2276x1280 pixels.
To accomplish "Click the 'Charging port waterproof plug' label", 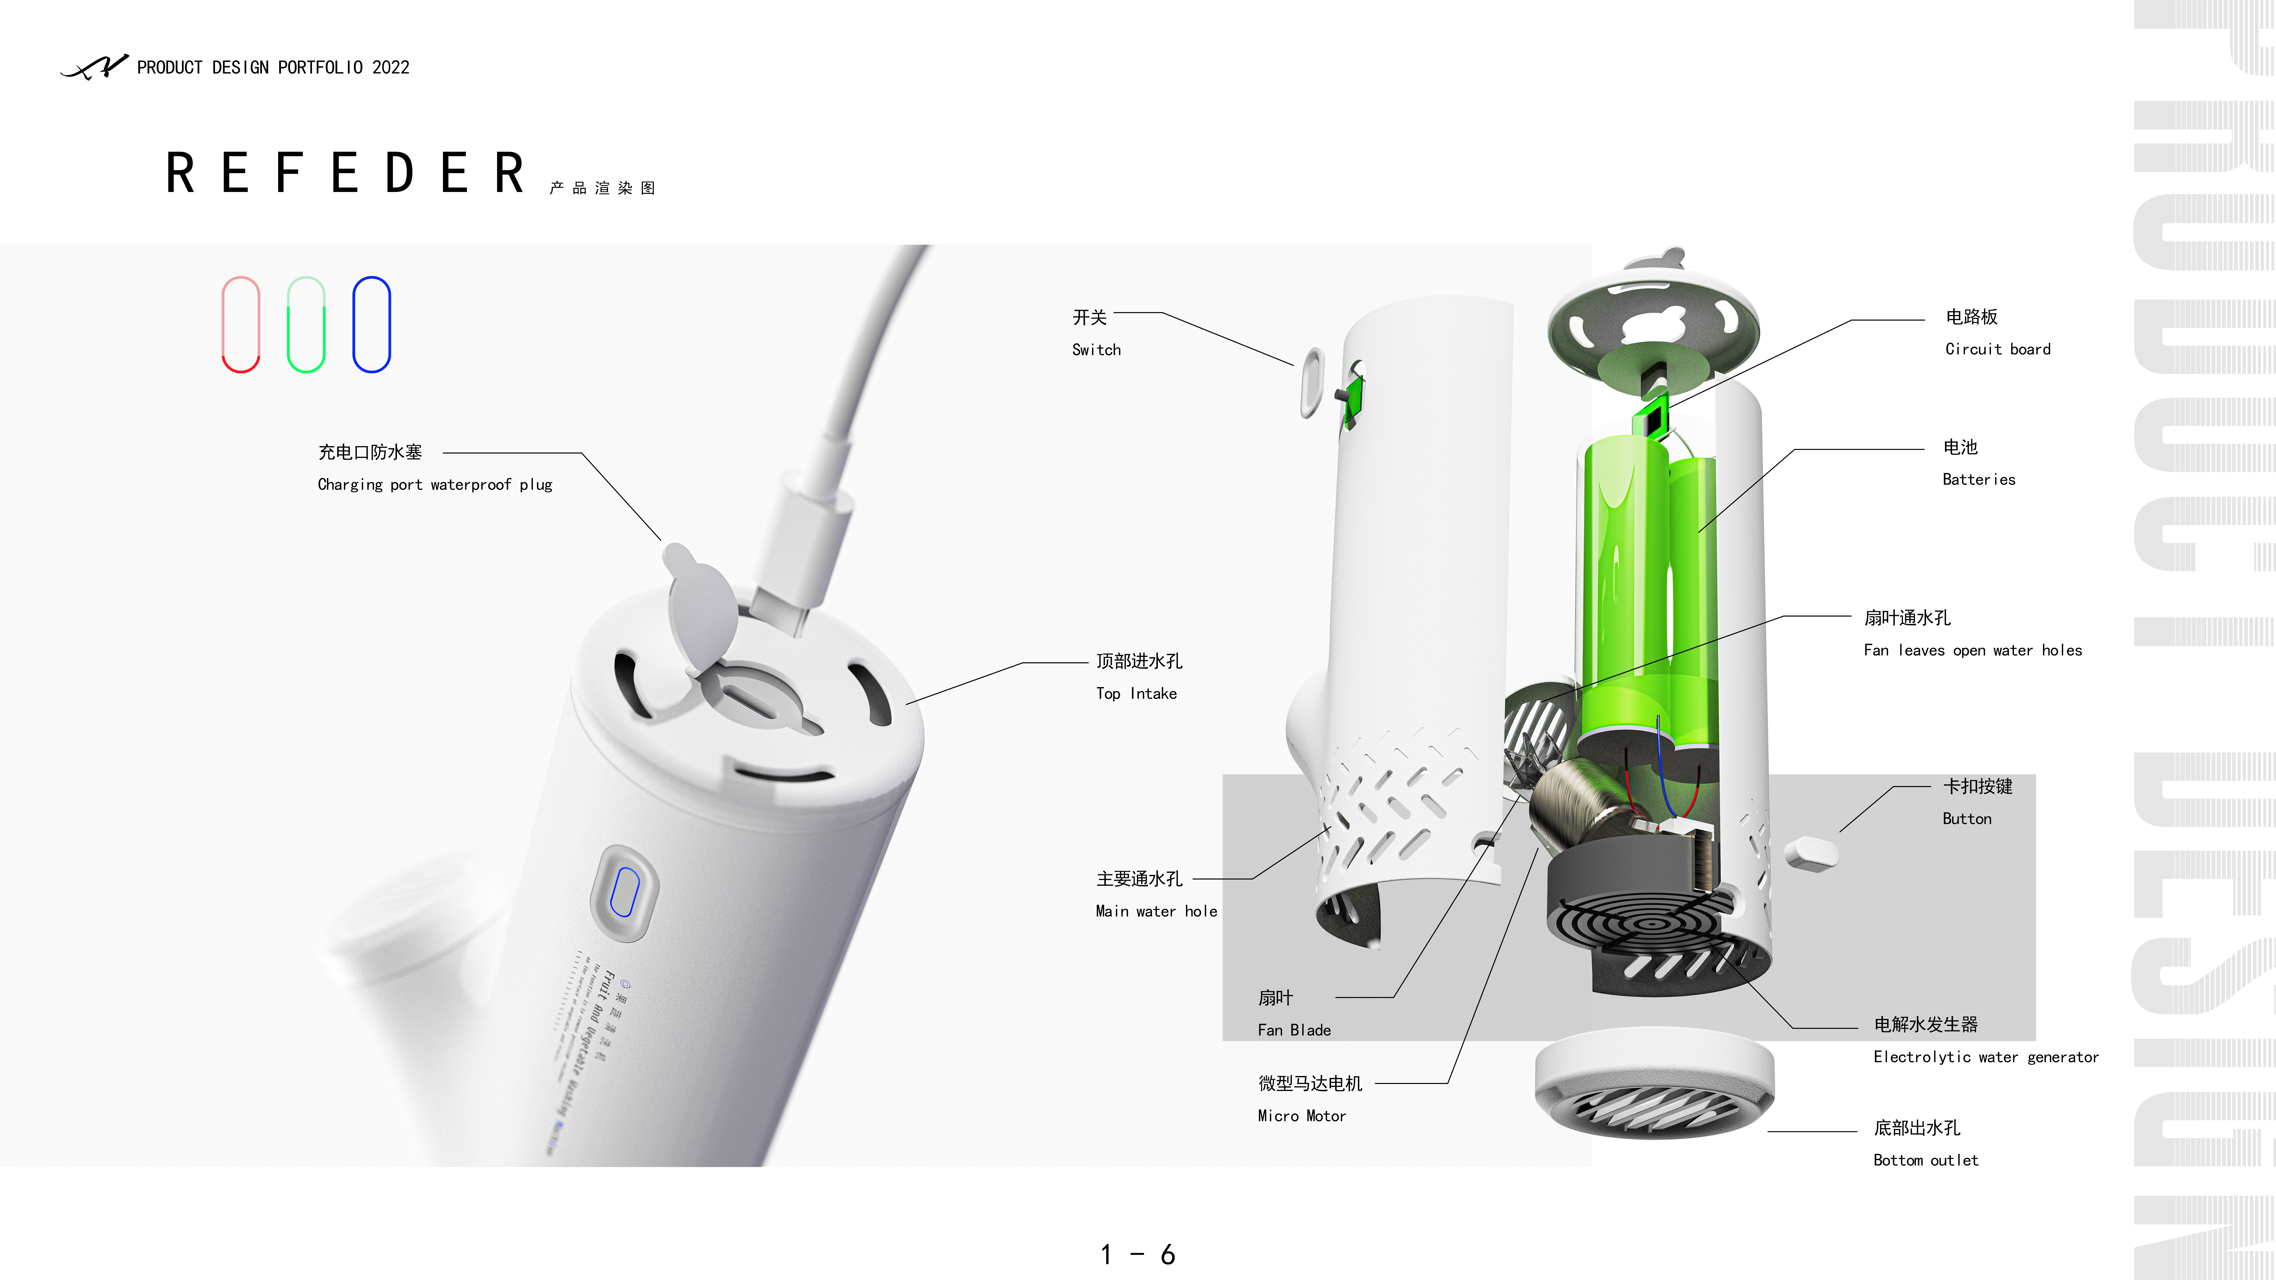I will (435, 484).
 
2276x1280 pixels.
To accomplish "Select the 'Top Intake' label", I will (1136, 693).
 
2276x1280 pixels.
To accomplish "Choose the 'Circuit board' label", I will (1998, 349).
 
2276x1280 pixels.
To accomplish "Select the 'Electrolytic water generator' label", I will (1985, 1057).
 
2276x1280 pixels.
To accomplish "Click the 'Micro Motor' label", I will (1301, 1116).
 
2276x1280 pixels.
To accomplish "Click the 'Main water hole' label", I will (1156, 911).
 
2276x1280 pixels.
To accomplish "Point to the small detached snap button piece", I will (1810, 853).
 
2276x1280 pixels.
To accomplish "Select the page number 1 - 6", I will (1137, 1254).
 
